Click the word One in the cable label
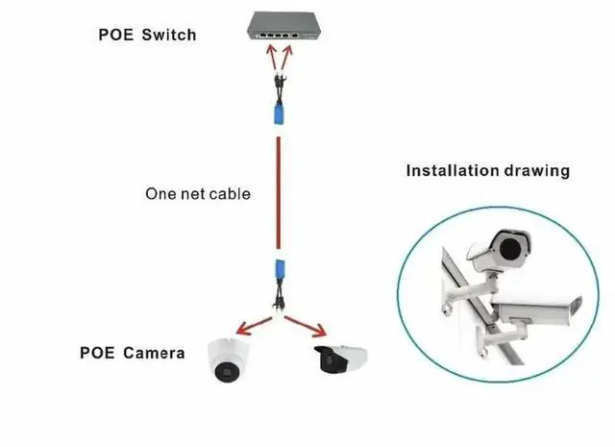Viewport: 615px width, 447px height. pos(160,194)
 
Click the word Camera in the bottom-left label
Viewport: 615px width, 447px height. pos(155,353)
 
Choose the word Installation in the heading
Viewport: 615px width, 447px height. pos(453,171)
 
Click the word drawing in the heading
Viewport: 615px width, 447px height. pos(537,171)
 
